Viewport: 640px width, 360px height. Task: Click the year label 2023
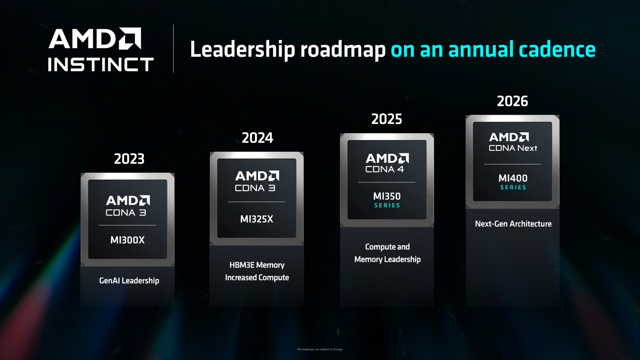(129, 159)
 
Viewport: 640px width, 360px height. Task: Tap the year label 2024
(257, 138)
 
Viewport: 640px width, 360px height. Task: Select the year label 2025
(386, 119)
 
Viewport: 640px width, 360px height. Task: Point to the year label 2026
(512, 102)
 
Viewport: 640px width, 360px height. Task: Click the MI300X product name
(127, 240)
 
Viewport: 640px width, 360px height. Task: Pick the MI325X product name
(257, 219)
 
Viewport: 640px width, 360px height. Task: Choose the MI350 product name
(387, 196)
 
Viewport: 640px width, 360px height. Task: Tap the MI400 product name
(513, 178)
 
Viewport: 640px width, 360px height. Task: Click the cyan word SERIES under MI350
(387, 205)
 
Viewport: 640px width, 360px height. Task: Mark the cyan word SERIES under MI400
(513, 187)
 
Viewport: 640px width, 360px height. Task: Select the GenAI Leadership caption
(129, 280)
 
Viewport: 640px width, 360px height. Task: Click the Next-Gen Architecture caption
(513, 224)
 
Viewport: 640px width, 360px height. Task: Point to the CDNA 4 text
(384, 169)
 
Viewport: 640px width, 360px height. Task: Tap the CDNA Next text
(513, 148)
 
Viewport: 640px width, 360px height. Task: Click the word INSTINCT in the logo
(101, 64)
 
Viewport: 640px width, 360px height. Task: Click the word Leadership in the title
(242, 49)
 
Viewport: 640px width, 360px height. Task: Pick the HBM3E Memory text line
(257, 265)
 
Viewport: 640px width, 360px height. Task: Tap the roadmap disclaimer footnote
(320, 349)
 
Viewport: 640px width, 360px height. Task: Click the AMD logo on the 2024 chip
(257, 176)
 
